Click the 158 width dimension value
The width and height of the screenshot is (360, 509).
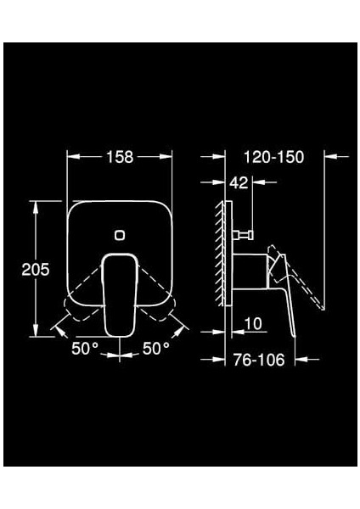120,157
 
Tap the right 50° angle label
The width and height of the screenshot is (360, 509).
155,348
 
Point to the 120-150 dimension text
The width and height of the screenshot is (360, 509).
273,157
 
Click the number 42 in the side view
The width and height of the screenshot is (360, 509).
241,182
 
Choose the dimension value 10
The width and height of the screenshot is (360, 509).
252,323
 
